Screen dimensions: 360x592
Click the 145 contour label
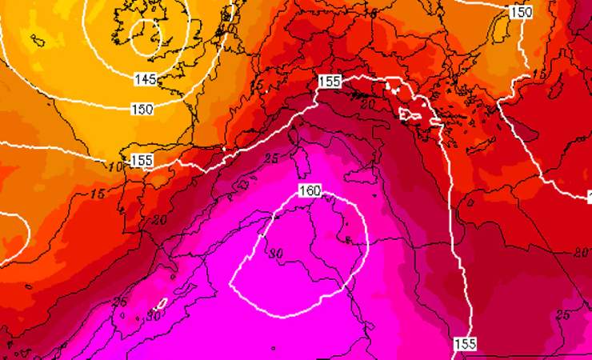pyautogui.click(x=145, y=79)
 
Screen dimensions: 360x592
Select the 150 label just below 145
pyautogui.click(x=142, y=108)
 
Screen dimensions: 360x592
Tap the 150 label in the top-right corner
pyautogui.click(x=521, y=12)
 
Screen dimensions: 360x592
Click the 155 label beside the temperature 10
pyautogui.click(x=142, y=161)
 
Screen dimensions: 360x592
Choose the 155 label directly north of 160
pyautogui.click(x=330, y=81)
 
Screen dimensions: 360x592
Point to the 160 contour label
pyautogui.click(x=310, y=191)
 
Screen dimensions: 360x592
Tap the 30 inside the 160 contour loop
pyautogui.click(x=277, y=254)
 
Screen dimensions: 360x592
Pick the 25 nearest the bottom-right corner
pyautogui.click(x=563, y=315)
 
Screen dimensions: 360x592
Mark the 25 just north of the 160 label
pyautogui.click(x=270, y=158)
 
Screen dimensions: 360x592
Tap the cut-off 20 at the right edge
pyautogui.click(x=583, y=253)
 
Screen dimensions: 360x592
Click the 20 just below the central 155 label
pyautogui.click(x=367, y=105)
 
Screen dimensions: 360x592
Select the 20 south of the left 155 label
pyautogui.click(x=157, y=220)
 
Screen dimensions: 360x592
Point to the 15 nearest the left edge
pyautogui.click(x=98, y=194)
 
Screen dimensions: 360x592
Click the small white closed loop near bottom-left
pyautogui.click(x=160, y=304)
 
